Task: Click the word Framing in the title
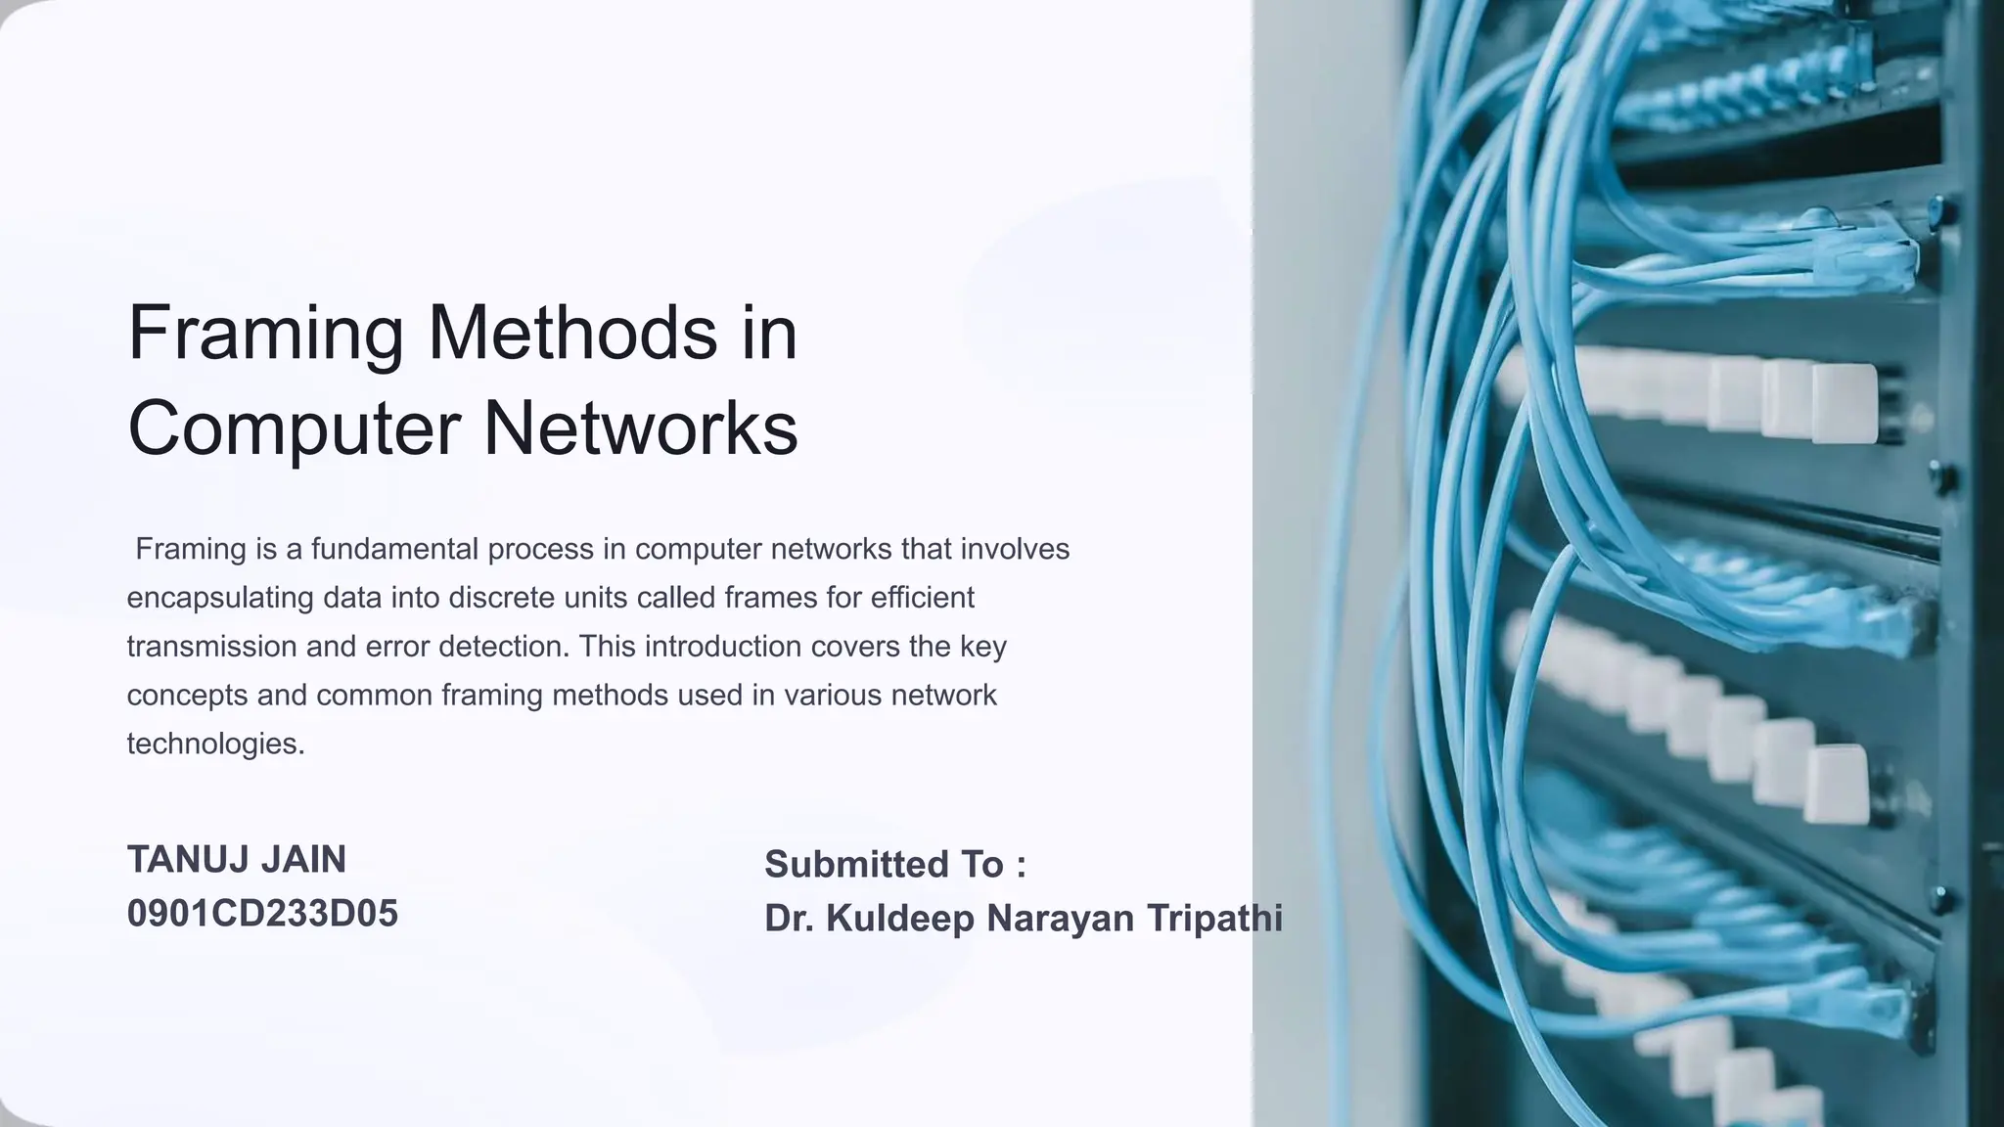pyautogui.click(x=265, y=335)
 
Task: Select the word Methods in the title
pyautogui.click(x=572, y=333)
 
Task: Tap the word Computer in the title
pyautogui.click(x=295, y=428)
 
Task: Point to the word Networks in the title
pyautogui.click(x=641, y=428)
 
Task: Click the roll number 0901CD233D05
pyautogui.click(x=262, y=914)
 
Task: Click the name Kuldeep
pyautogui.click(x=900, y=919)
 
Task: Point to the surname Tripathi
pyautogui.click(x=1214, y=919)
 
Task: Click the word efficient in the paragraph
pyautogui.click(x=922, y=598)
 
